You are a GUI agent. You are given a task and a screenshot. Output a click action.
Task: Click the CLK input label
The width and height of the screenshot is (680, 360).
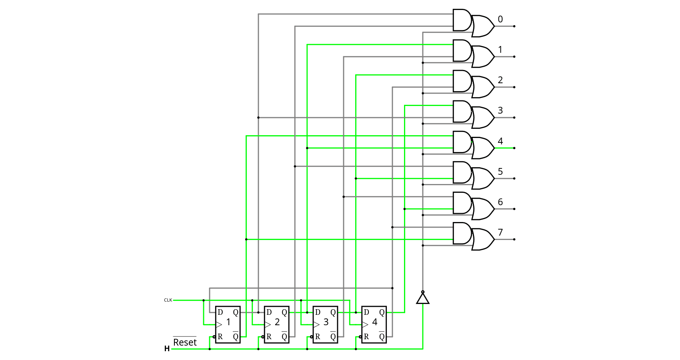click(168, 300)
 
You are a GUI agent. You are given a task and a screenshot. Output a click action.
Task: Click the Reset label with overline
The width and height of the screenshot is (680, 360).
click(185, 342)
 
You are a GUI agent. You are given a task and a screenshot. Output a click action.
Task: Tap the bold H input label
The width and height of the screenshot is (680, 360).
click(167, 349)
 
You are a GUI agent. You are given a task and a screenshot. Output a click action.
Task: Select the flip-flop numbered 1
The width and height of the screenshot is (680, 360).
click(228, 324)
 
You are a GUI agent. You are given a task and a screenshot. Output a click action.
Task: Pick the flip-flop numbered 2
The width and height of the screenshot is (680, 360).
click(276, 324)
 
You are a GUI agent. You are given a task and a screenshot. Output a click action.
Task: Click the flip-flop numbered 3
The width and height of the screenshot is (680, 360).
click(325, 324)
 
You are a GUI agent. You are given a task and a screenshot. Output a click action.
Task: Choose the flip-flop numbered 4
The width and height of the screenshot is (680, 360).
click(374, 324)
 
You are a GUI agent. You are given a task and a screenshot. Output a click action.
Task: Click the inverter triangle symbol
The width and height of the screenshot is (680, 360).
click(423, 298)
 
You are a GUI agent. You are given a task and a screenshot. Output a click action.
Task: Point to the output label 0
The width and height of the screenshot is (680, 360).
click(500, 19)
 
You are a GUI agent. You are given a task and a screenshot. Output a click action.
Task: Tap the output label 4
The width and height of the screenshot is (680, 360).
click(500, 141)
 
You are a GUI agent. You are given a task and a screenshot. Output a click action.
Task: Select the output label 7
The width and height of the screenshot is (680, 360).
click(500, 232)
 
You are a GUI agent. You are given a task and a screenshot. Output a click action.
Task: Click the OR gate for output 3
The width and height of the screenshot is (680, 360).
click(483, 118)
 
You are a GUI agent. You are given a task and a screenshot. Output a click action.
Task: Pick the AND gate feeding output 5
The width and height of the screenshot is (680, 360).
click(462, 172)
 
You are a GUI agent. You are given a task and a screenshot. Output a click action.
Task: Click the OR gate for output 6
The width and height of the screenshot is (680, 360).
click(483, 209)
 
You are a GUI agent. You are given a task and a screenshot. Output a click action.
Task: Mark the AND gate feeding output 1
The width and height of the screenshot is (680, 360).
click(462, 50)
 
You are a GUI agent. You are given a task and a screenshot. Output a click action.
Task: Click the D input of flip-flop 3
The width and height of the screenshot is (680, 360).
click(318, 312)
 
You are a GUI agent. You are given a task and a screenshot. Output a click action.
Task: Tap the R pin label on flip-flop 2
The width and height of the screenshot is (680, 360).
click(269, 337)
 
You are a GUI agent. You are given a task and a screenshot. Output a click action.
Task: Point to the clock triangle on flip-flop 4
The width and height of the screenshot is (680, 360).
click(365, 324)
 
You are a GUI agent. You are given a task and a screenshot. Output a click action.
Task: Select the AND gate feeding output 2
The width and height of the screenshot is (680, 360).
click(462, 81)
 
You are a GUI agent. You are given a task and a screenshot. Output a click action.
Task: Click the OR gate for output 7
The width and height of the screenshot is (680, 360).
click(483, 239)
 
